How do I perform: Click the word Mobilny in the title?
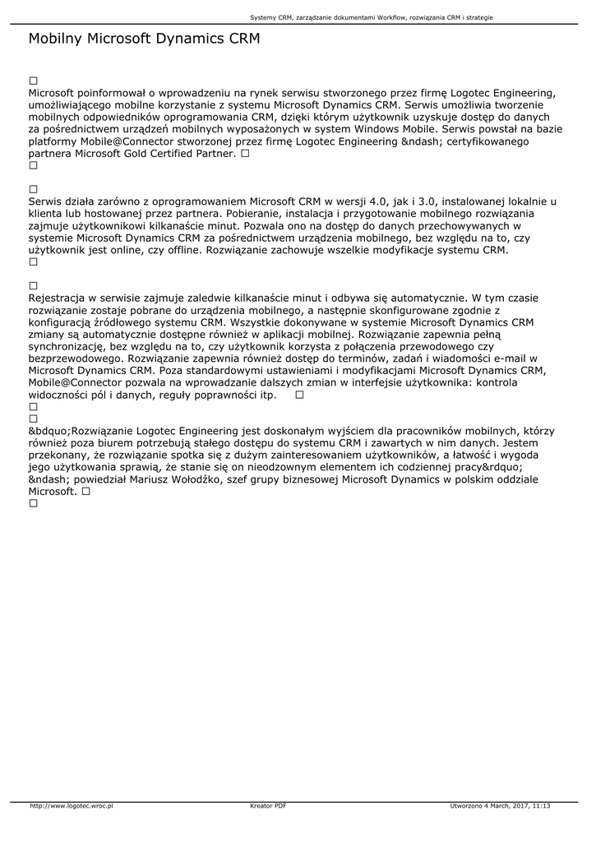(55, 39)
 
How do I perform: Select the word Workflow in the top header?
(384, 16)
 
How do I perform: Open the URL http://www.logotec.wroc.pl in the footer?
(72, 806)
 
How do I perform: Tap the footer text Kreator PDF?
(268, 806)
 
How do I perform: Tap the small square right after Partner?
(245, 154)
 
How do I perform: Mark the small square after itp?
(299, 395)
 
